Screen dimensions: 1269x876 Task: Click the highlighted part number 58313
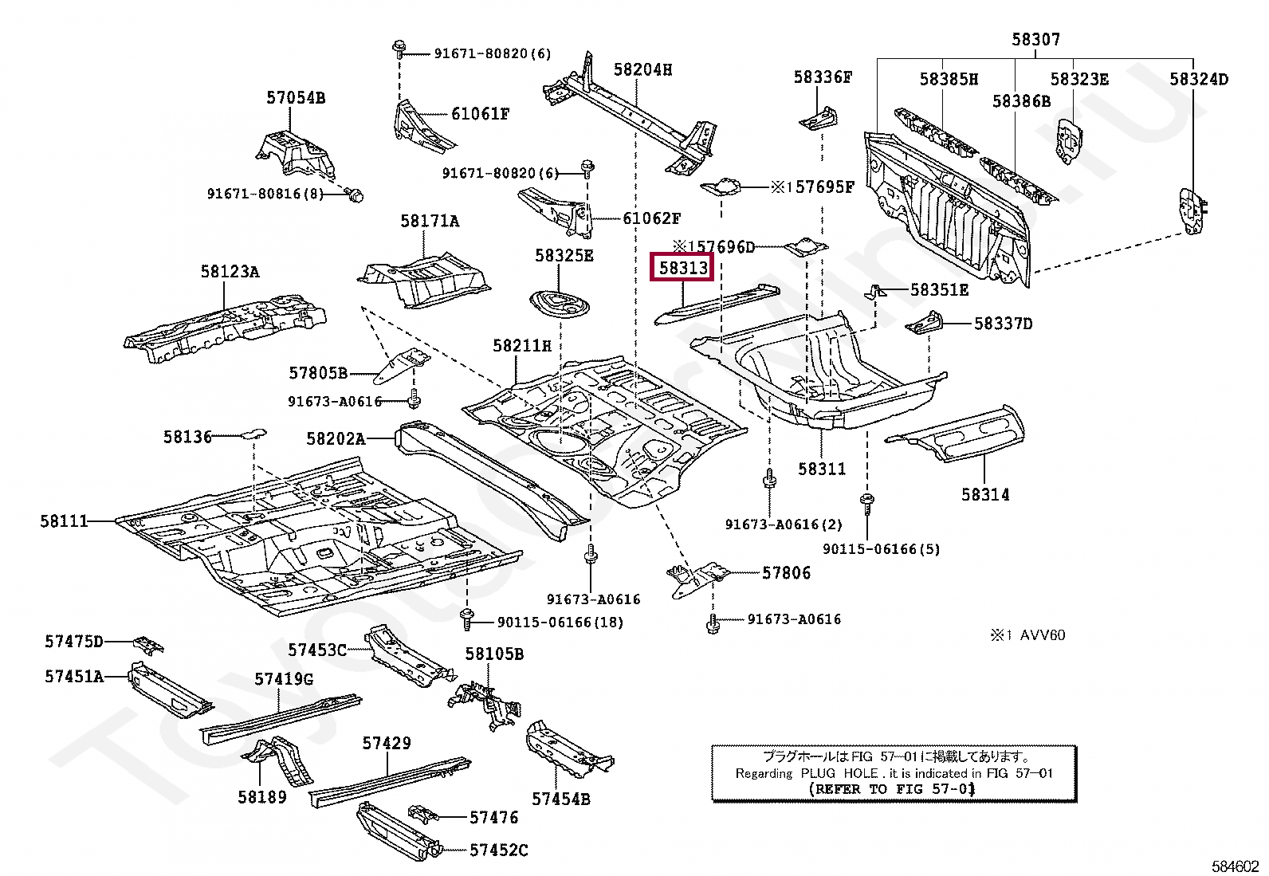682,268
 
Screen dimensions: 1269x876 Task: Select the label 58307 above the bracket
1035,39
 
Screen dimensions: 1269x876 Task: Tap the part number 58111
64,520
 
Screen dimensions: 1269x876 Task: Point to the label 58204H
642,69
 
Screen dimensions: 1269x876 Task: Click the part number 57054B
296,97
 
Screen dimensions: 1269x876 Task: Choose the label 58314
985,495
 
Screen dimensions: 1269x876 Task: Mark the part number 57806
786,573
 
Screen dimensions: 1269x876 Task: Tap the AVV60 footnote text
1043,635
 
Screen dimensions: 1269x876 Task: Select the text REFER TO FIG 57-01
892,789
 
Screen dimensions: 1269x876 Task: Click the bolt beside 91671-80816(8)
355,195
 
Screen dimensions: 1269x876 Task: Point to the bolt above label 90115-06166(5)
866,505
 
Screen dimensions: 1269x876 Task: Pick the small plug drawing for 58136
253,434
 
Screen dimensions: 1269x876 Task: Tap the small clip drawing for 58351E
876,291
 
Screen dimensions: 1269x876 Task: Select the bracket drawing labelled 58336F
818,118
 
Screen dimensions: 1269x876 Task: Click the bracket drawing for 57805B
403,366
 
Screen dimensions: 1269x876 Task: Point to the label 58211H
522,345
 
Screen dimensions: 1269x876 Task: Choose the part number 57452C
498,850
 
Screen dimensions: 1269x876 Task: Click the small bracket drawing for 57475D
149,644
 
